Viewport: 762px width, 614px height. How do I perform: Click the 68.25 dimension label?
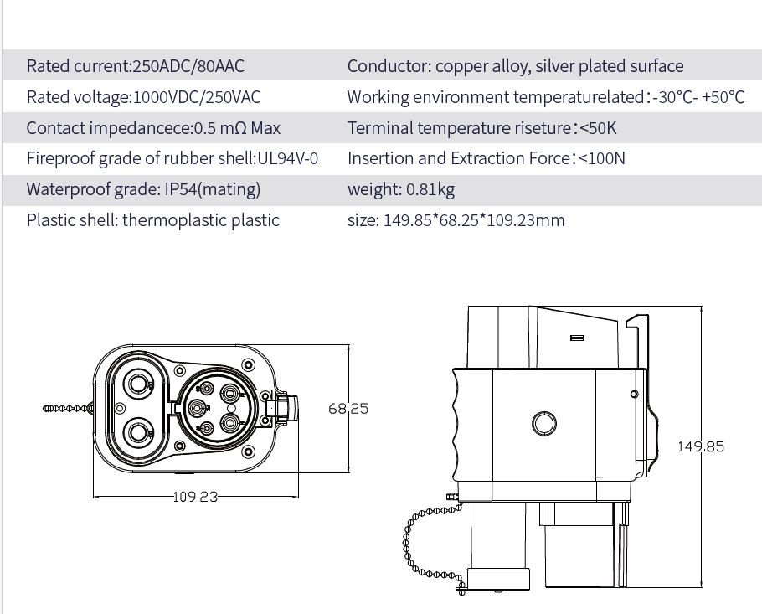[348, 409]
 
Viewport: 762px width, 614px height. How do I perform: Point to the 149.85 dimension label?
[701, 446]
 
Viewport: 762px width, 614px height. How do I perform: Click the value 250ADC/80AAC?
[189, 66]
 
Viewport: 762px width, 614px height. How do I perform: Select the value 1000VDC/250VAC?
[197, 97]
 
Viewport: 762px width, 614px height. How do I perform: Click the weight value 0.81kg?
[430, 189]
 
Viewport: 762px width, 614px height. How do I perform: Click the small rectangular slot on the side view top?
[577, 338]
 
